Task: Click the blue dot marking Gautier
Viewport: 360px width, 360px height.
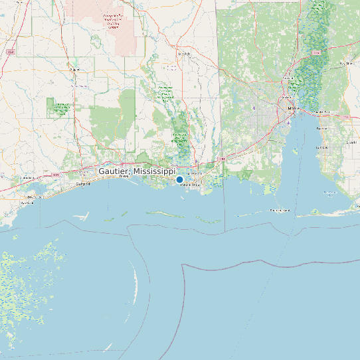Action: [179, 179]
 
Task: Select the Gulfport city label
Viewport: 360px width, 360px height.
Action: [83, 183]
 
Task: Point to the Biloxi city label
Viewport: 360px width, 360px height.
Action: [124, 177]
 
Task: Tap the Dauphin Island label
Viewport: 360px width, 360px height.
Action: [280, 210]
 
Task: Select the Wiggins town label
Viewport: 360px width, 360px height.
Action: [74, 68]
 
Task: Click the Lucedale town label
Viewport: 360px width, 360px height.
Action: [183, 54]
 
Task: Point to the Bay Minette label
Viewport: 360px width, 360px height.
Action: [346, 63]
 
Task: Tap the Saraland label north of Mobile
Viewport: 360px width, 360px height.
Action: [288, 78]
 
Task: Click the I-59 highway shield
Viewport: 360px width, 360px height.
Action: [11, 51]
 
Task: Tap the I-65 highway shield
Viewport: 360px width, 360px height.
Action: [317, 51]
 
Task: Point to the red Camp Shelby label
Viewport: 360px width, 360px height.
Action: [112, 21]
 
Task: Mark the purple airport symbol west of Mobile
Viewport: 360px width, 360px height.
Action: [254, 107]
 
